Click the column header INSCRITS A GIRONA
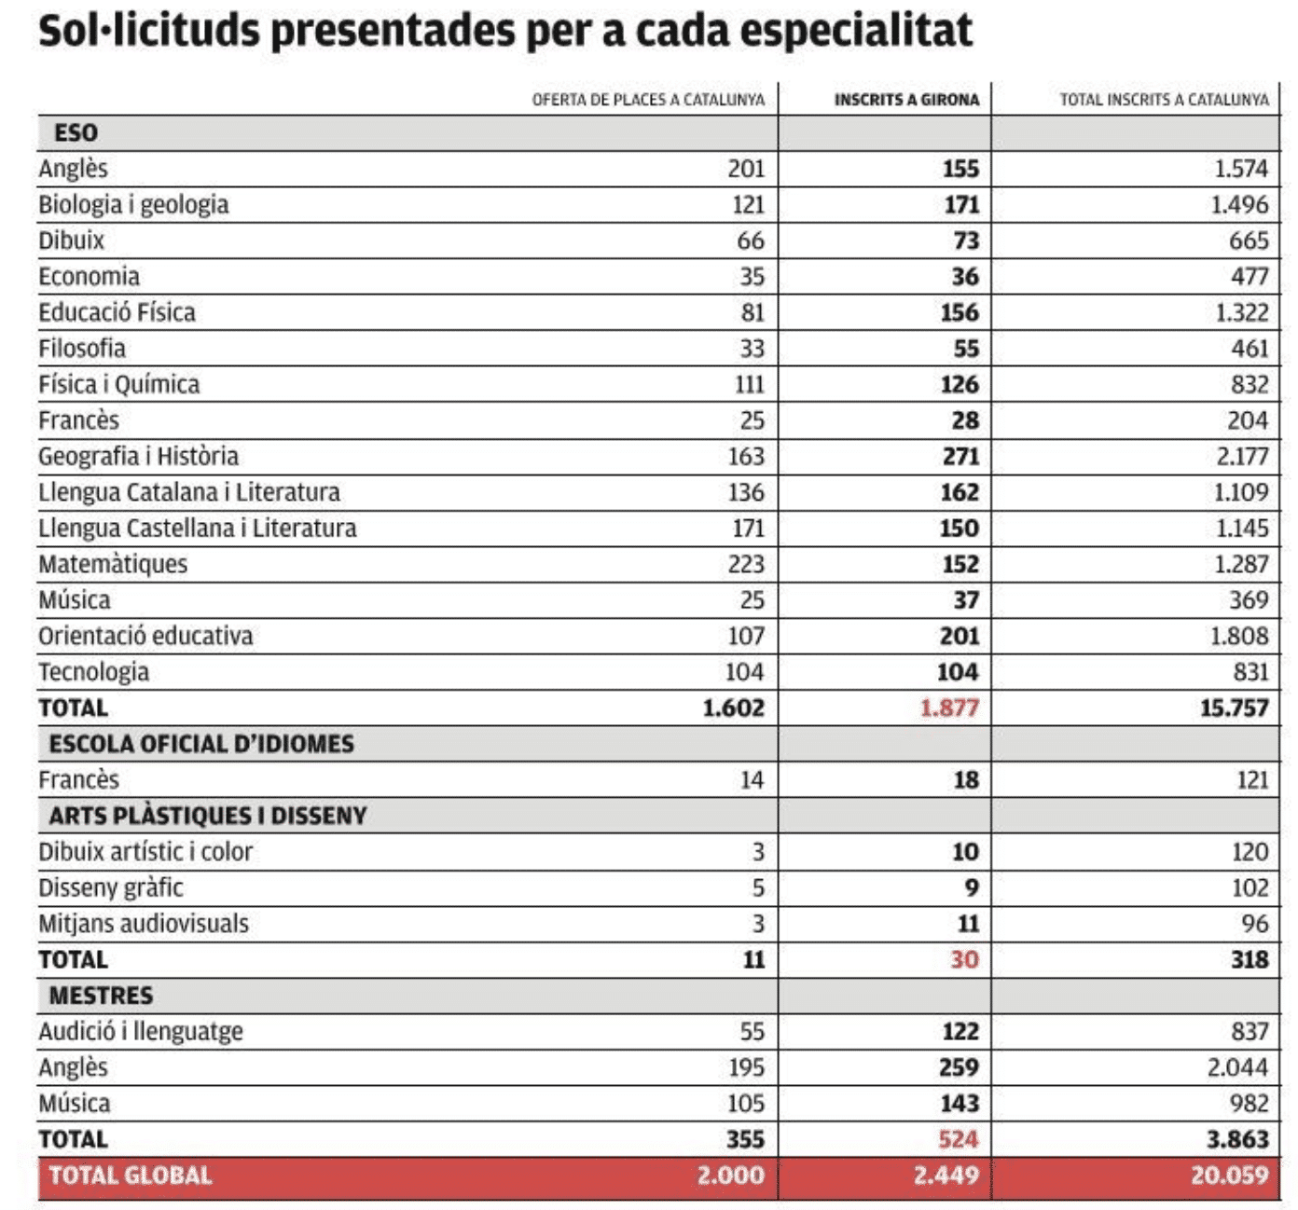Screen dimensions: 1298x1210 tap(905, 100)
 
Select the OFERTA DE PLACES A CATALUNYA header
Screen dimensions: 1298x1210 tap(648, 100)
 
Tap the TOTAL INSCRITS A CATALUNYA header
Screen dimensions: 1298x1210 tap(1164, 100)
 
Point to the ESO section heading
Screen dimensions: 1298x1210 tap(76, 132)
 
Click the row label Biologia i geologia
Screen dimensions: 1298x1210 tap(133, 205)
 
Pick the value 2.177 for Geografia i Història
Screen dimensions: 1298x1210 tap(1242, 456)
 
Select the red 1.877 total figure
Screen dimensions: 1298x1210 tap(949, 708)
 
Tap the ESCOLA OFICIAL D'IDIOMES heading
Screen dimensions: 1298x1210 tap(201, 744)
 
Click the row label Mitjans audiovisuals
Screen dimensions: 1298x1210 tap(143, 924)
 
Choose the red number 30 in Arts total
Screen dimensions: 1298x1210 tap(965, 959)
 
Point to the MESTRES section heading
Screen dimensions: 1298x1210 tap(102, 996)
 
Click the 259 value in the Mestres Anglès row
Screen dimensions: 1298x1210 tap(960, 1067)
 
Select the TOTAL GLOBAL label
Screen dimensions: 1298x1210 tap(131, 1176)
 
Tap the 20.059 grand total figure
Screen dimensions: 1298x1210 tap(1229, 1176)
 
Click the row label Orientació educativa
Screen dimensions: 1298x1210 tap(145, 636)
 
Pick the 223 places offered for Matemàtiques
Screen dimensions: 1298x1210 tap(746, 564)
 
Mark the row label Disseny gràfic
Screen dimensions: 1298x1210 tap(110, 888)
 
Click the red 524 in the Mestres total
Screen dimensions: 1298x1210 tap(959, 1139)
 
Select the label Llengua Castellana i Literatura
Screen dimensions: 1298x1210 tap(198, 529)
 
